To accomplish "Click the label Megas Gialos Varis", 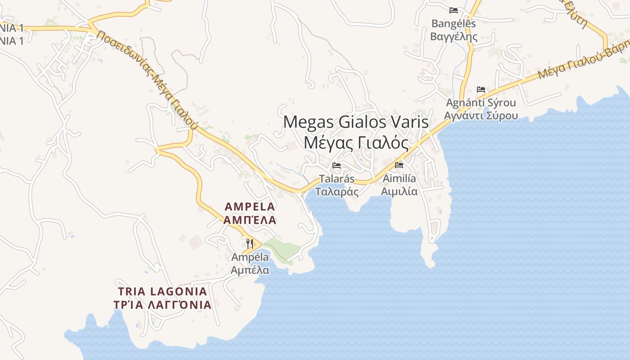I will [x=356, y=122].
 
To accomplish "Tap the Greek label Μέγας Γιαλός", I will [x=356, y=143].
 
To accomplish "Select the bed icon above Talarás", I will [x=337, y=166].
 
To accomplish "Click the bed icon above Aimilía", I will [x=399, y=165].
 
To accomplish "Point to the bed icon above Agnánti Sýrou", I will [x=481, y=90].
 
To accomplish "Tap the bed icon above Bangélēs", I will [x=454, y=10].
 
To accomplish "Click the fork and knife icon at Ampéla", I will [x=250, y=244].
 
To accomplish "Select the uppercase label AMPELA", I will [x=250, y=207].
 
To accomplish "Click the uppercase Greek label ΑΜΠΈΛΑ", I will [x=250, y=220].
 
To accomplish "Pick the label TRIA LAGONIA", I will [x=162, y=291].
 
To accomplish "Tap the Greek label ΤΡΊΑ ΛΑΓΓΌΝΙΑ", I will [x=162, y=305].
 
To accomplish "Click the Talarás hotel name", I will [x=337, y=179].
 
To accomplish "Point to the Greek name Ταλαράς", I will [x=337, y=192].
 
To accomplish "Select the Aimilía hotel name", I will [x=399, y=179].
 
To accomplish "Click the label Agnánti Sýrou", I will [x=481, y=103].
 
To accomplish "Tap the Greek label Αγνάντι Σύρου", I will [x=481, y=116].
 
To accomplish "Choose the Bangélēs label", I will [x=454, y=23].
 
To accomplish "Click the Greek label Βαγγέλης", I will [x=454, y=36].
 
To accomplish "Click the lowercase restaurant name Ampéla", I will [x=250, y=257].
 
